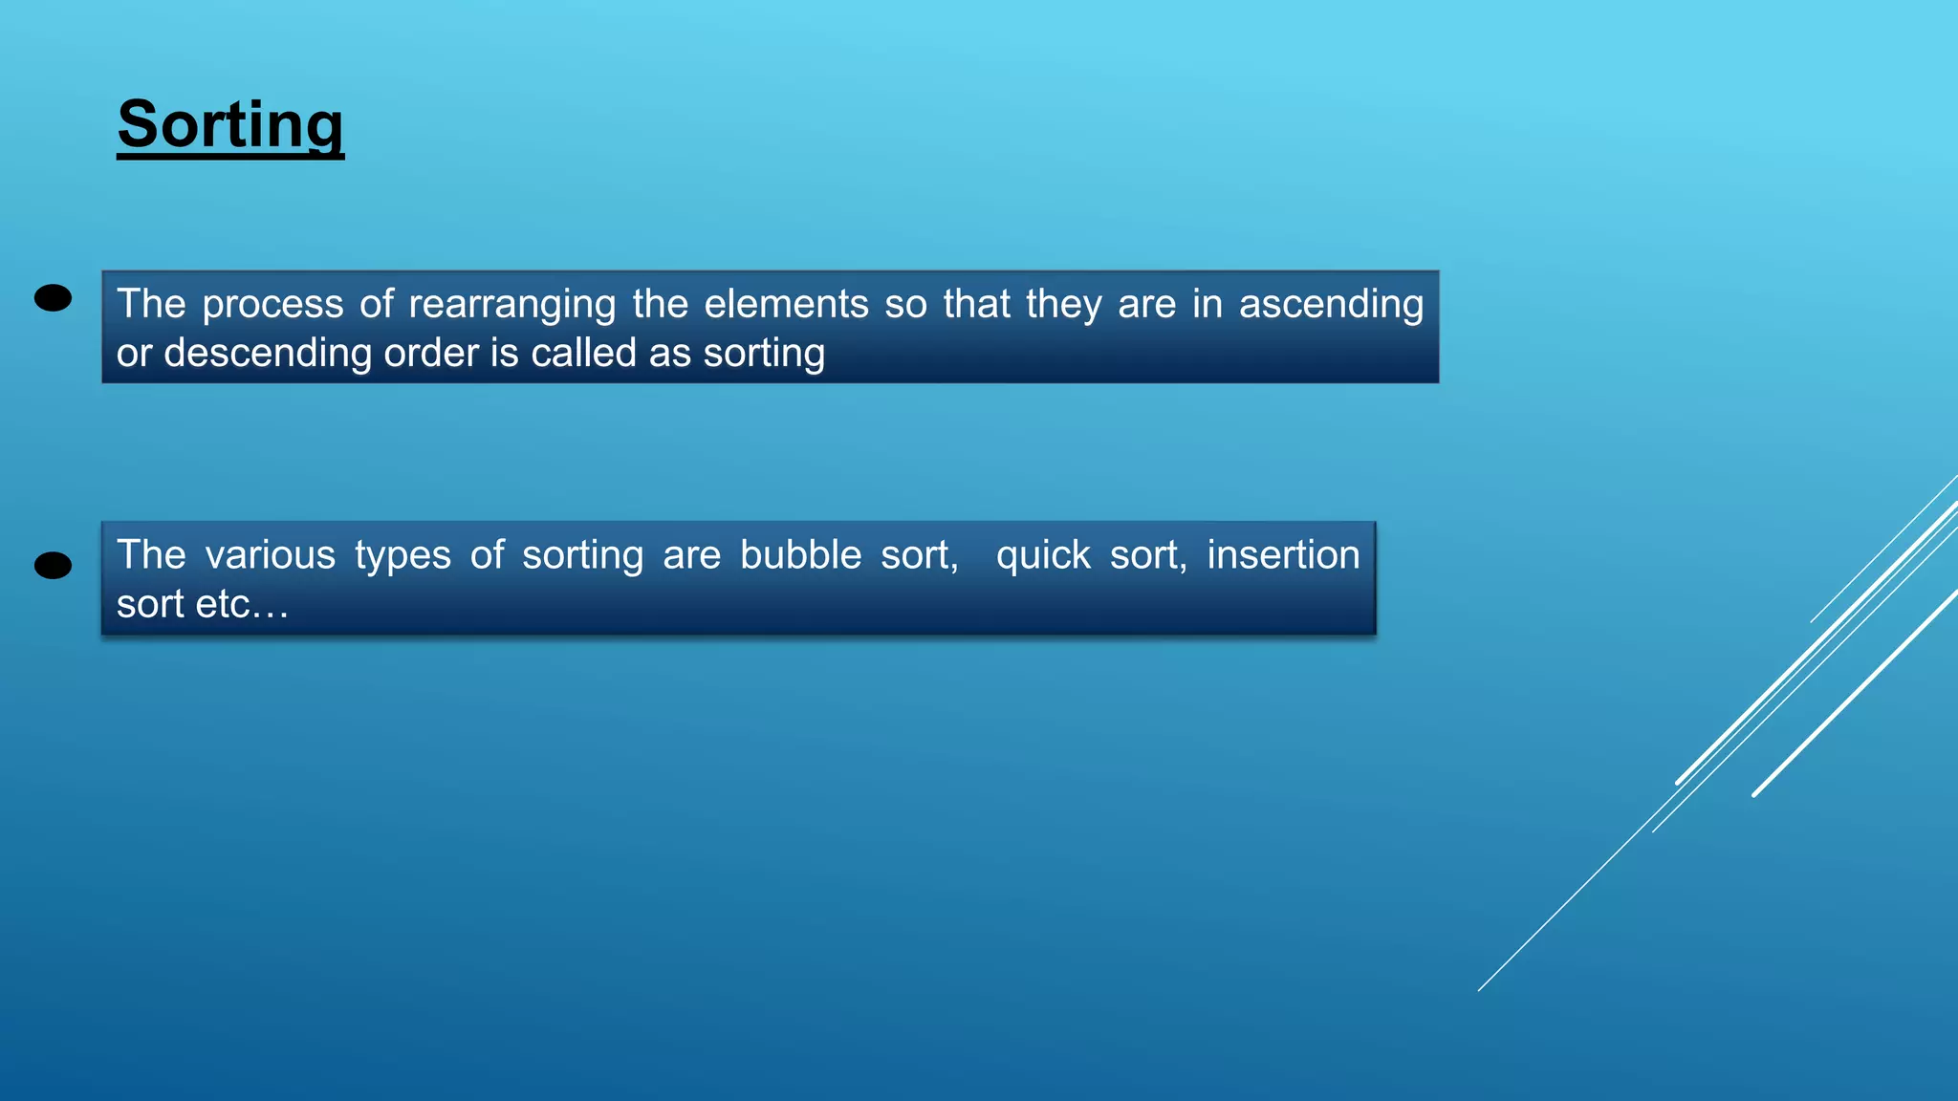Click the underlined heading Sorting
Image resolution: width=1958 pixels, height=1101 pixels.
point(229,125)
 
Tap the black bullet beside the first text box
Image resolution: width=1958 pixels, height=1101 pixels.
point(53,298)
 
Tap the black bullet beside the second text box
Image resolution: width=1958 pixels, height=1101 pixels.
point(53,566)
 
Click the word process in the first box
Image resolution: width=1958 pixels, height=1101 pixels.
point(272,305)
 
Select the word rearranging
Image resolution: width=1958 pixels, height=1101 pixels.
point(511,305)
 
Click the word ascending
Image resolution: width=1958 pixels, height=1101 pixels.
point(1331,305)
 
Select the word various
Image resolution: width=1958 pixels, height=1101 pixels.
point(271,555)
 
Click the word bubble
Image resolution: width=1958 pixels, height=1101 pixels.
point(800,555)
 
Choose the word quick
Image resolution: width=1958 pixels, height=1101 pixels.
point(1043,556)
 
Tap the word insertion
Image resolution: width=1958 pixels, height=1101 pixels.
point(1283,555)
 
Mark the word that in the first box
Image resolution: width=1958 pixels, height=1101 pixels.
point(976,304)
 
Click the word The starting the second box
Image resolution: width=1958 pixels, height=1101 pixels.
point(151,555)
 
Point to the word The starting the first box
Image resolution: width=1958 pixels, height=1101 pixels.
point(151,304)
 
